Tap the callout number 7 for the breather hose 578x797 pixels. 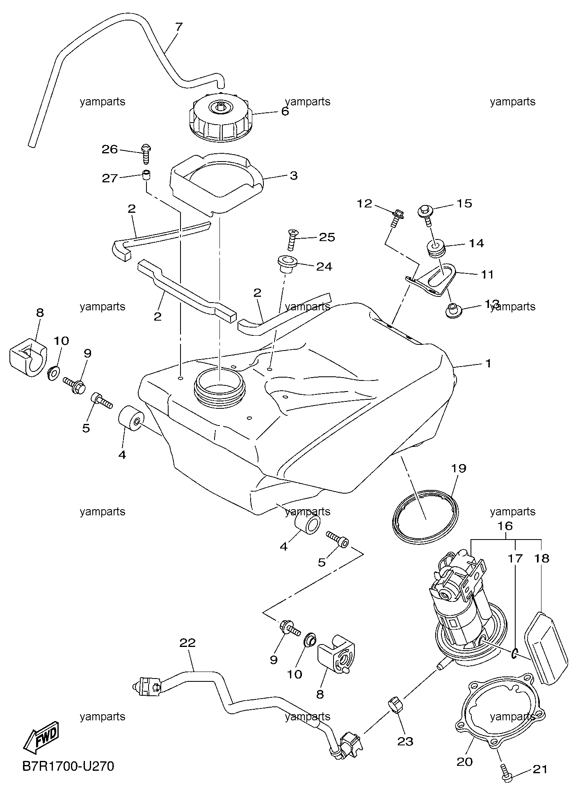click(x=178, y=27)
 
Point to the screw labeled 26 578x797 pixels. click(x=146, y=153)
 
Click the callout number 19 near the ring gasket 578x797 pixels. click(x=459, y=468)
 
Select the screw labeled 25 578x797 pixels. click(x=292, y=239)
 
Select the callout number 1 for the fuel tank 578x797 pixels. click(x=488, y=363)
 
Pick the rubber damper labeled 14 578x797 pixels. click(x=435, y=249)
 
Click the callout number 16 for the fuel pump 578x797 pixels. click(x=505, y=526)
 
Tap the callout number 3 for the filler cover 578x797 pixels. click(x=293, y=176)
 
